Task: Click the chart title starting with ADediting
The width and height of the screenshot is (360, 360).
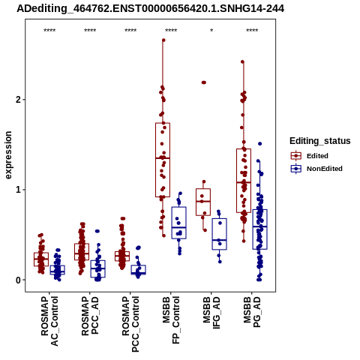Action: [x=150, y=9]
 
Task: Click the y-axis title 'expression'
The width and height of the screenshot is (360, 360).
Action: [x=8, y=155]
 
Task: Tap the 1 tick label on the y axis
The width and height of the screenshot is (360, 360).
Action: [x=18, y=190]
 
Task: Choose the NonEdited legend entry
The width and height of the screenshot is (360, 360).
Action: [x=316, y=169]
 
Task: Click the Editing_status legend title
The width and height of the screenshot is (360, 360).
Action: [x=320, y=141]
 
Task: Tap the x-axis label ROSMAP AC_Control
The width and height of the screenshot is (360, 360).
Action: [x=49, y=321]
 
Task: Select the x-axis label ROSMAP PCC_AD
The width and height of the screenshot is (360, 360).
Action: [x=90, y=316]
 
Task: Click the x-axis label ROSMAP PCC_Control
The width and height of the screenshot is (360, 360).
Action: [x=130, y=324]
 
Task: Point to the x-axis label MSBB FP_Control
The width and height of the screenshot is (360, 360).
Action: [x=171, y=319]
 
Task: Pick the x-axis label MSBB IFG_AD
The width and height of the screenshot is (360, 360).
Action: [x=211, y=313]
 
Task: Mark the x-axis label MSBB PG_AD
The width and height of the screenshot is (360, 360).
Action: [x=252, y=312]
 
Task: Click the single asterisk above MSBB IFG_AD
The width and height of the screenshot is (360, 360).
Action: [x=211, y=31]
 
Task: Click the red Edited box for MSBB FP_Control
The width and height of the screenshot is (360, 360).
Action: [x=163, y=160]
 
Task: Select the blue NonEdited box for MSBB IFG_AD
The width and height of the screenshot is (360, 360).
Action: [x=220, y=234]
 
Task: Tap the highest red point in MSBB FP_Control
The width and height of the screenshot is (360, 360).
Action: [x=163, y=40]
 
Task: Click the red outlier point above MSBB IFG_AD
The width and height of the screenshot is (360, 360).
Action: [x=204, y=82]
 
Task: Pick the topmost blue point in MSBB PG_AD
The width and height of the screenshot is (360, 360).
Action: [x=260, y=144]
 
